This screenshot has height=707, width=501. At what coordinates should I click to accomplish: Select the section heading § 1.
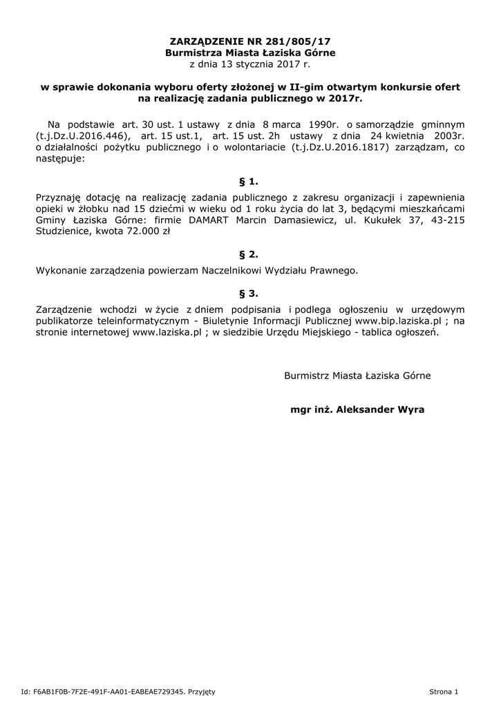249,182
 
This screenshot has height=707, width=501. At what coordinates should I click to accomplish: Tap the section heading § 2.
249,254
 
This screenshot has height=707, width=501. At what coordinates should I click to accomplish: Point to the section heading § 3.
249,293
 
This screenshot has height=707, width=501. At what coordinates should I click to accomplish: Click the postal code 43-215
449,221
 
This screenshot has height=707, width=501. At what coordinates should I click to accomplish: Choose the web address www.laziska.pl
167,332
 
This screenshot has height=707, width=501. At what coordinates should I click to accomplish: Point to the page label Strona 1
444,691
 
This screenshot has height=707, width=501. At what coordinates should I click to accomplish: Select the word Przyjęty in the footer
202,691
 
